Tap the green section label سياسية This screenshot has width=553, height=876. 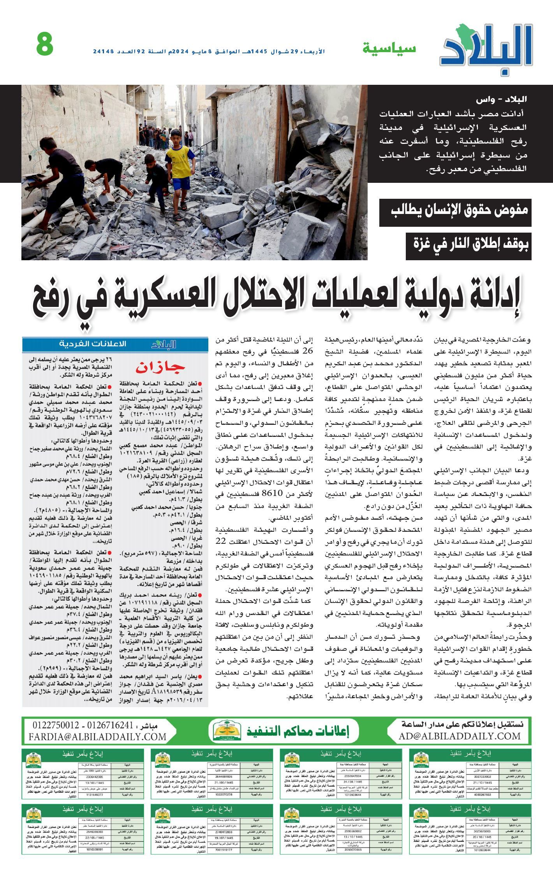point(389,49)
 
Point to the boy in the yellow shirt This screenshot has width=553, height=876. point(180,163)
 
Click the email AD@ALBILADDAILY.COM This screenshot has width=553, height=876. point(460,736)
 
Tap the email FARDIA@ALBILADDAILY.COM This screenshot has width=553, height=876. point(97,737)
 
